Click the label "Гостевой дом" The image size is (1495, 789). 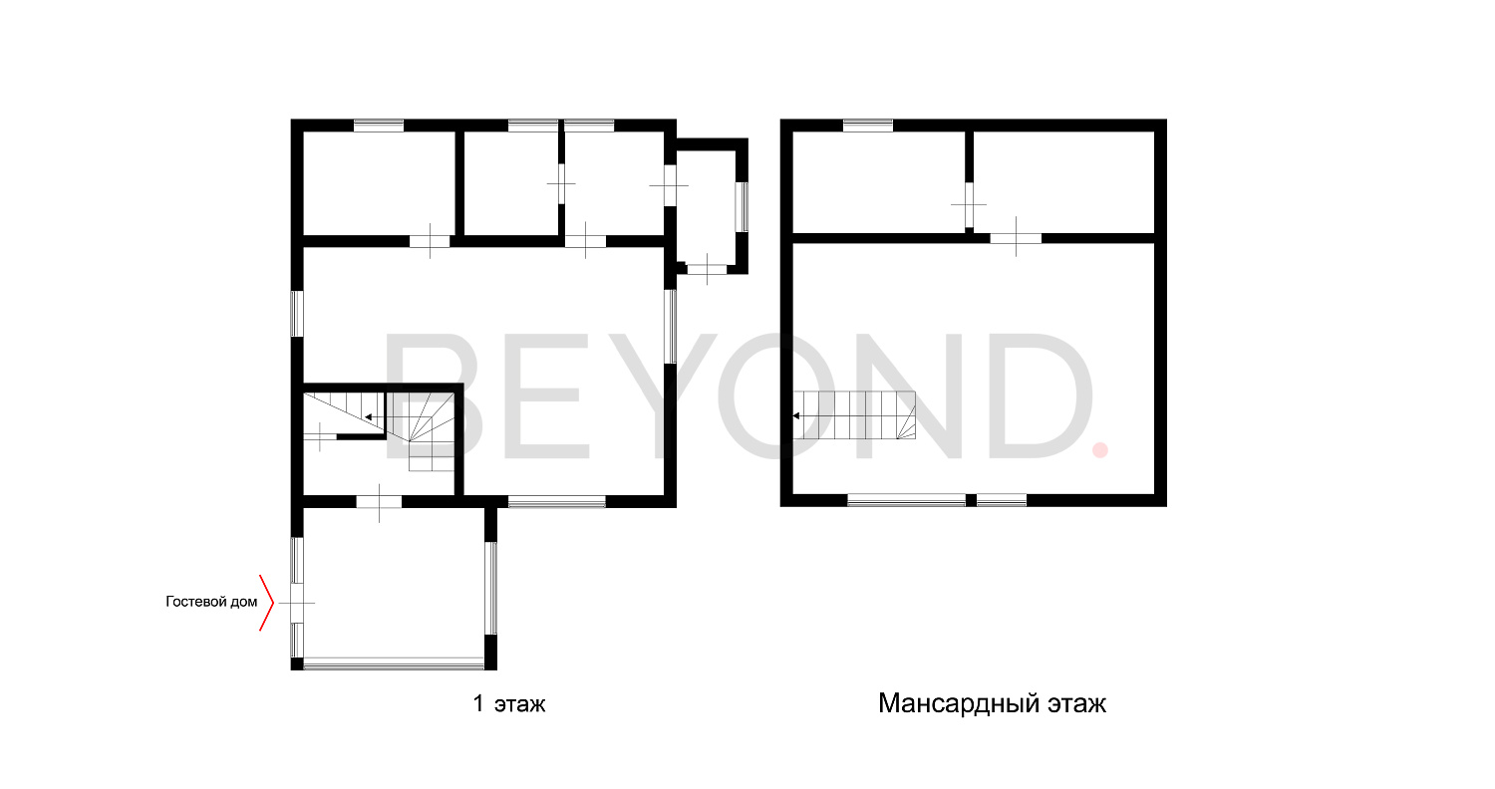point(211,602)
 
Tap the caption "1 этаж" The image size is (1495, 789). point(509,703)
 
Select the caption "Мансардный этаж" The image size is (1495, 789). point(992,703)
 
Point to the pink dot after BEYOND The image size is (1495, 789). point(1100,451)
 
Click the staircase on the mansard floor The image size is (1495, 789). point(854,414)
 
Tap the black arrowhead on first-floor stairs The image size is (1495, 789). point(369,417)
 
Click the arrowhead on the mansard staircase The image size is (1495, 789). point(796,415)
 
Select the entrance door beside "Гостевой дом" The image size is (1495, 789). point(297,603)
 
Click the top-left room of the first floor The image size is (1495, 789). point(379,182)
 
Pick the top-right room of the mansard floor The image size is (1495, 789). point(1063,181)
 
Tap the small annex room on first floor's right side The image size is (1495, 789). point(707,207)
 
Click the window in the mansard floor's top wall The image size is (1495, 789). point(868,126)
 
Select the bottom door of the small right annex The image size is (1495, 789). point(707,269)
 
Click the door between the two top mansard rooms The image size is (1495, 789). point(969,205)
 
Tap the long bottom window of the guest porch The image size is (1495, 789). point(394,663)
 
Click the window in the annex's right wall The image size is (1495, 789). point(742,207)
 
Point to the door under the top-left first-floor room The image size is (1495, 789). point(430,241)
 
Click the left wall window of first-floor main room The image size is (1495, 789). point(297,313)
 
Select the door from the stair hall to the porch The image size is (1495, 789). point(379,502)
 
